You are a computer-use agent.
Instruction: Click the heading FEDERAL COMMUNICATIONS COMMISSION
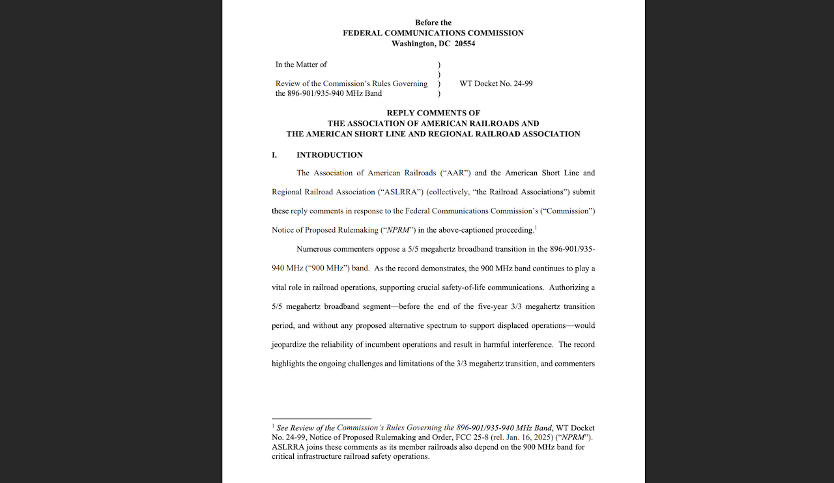(x=433, y=33)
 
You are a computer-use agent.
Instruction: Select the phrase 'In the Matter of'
(x=301, y=65)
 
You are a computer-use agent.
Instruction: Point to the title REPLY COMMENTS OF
(x=433, y=113)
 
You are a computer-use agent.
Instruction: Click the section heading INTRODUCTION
(x=330, y=155)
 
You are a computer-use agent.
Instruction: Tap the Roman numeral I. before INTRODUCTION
(x=274, y=155)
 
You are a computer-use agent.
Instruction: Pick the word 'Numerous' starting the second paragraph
(x=314, y=249)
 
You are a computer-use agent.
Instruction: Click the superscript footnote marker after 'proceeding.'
(x=536, y=227)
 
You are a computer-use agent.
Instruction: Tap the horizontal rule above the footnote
(x=321, y=418)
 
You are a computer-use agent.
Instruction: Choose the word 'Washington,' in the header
(x=414, y=44)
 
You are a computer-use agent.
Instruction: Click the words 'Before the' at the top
(x=433, y=23)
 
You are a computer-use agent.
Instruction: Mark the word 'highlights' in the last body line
(x=288, y=364)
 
